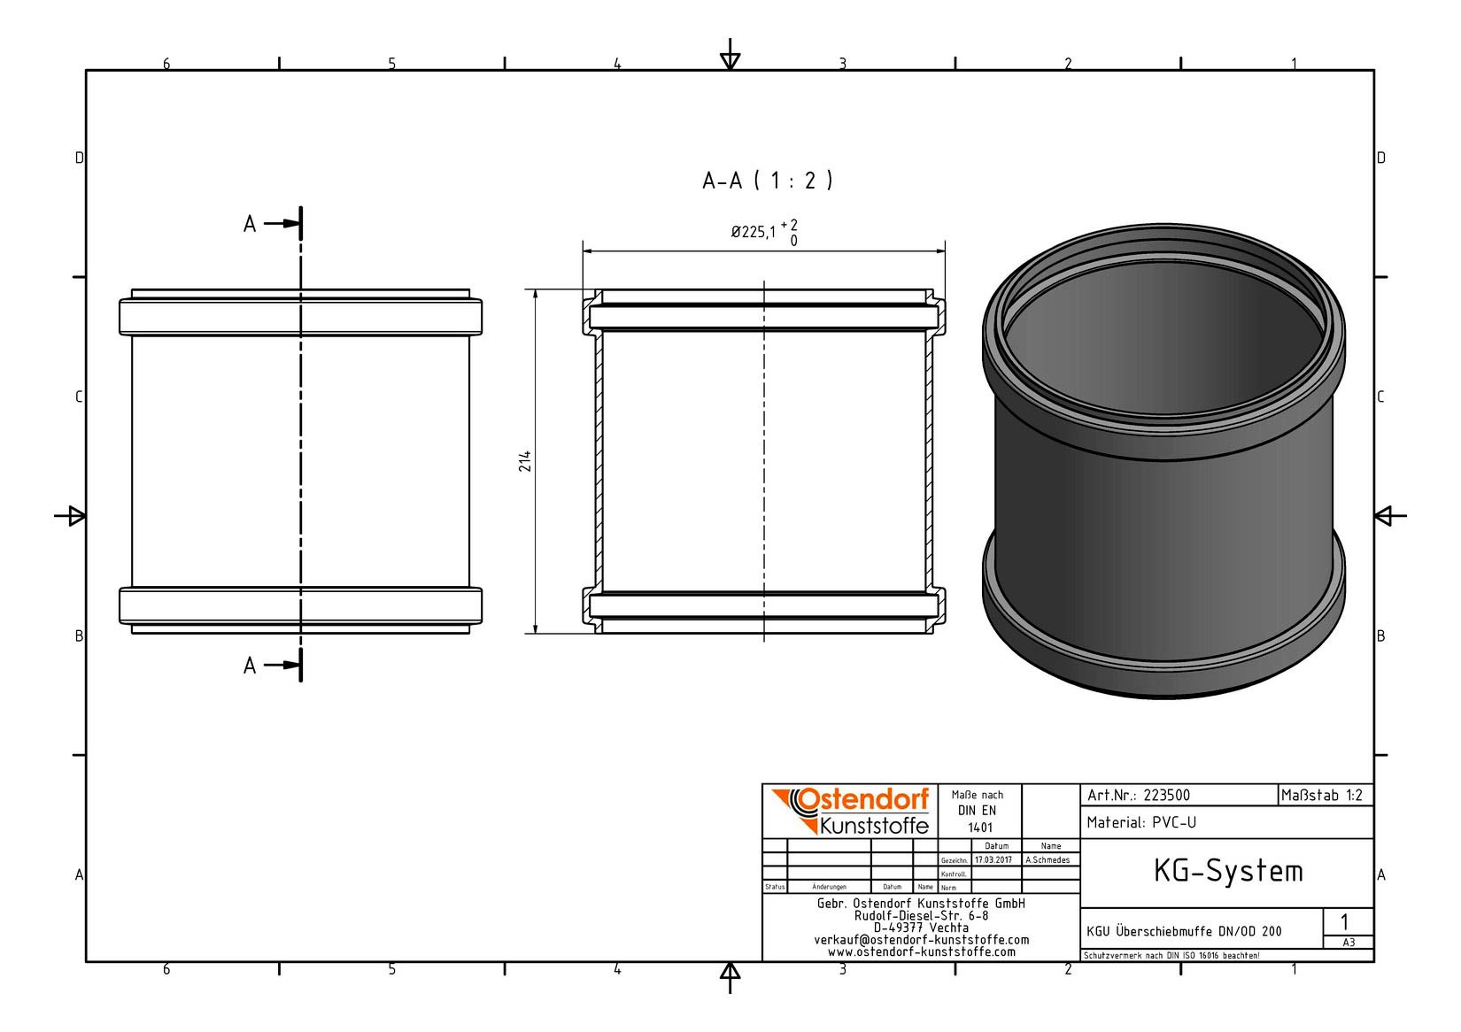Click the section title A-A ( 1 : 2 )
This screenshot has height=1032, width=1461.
pyautogui.click(x=767, y=181)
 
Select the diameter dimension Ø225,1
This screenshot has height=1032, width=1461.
pyautogui.click(x=754, y=232)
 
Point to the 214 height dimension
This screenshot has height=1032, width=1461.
pyautogui.click(x=526, y=461)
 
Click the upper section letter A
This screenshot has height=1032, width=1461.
pyautogui.click(x=250, y=224)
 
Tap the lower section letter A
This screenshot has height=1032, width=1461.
pyautogui.click(x=250, y=666)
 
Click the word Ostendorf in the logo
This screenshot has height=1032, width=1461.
pyautogui.click(x=863, y=799)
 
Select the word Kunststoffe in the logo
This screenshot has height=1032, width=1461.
pyautogui.click(x=874, y=826)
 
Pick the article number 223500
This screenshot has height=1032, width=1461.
pyautogui.click(x=1167, y=796)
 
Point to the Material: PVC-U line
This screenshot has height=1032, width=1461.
pyautogui.click(x=1141, y=823)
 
